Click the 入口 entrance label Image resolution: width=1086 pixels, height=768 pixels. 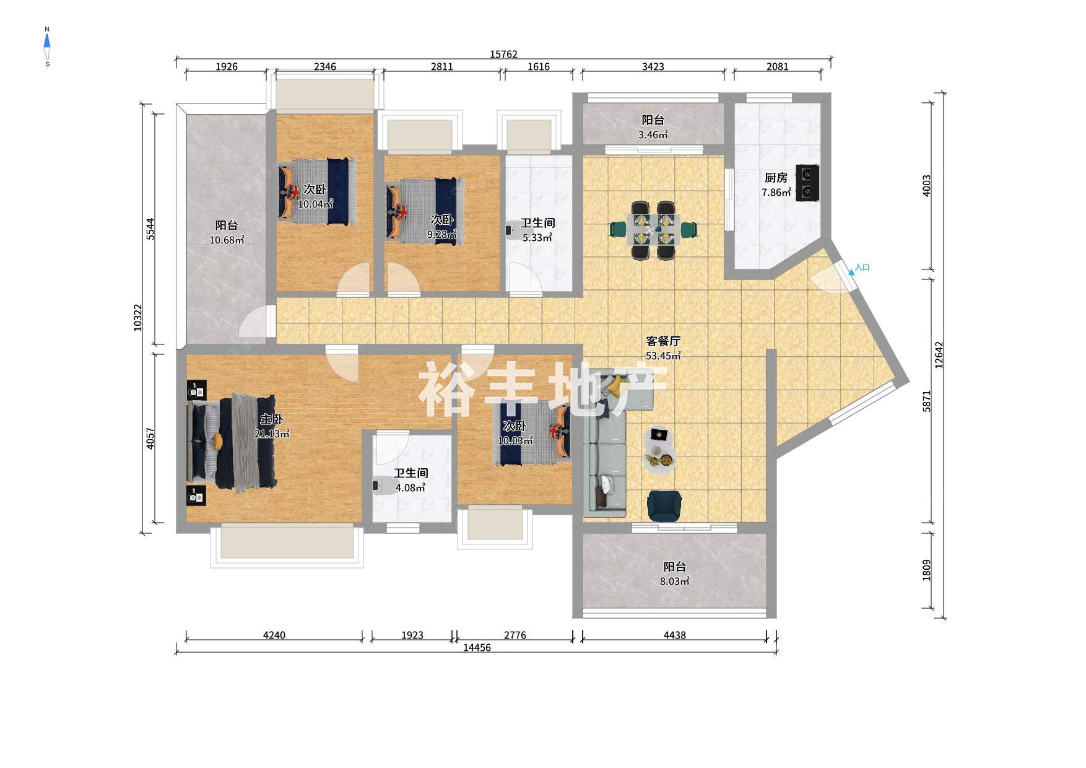click(x=862, y=268)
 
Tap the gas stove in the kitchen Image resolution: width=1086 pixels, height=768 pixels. click(x=807, y=182)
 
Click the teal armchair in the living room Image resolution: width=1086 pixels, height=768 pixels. click(x=664, y=505)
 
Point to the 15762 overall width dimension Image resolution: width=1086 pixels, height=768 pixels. click(x=503, y=55)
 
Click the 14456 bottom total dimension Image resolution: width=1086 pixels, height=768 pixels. click(x=477, y=648)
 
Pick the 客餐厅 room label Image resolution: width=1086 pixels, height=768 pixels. click(x=663, y=341)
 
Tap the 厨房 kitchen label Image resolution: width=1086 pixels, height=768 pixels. click(x=776, y=178)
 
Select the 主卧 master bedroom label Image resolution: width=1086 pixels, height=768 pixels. click(x=271, y=419)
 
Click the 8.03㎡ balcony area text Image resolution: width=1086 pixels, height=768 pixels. click(x=674, y=581)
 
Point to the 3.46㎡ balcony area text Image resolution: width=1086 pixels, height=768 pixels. click(x=653, y=134)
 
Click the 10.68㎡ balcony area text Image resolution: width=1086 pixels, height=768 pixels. click(x=227, y=240)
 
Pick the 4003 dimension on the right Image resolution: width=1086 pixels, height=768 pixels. click(x=927, y=186)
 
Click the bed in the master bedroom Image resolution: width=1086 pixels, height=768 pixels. click(x=232, y=441)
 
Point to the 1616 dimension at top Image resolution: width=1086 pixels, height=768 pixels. click(x=538, y=67)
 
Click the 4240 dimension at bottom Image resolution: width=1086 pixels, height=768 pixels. click(x=274, y=635)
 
